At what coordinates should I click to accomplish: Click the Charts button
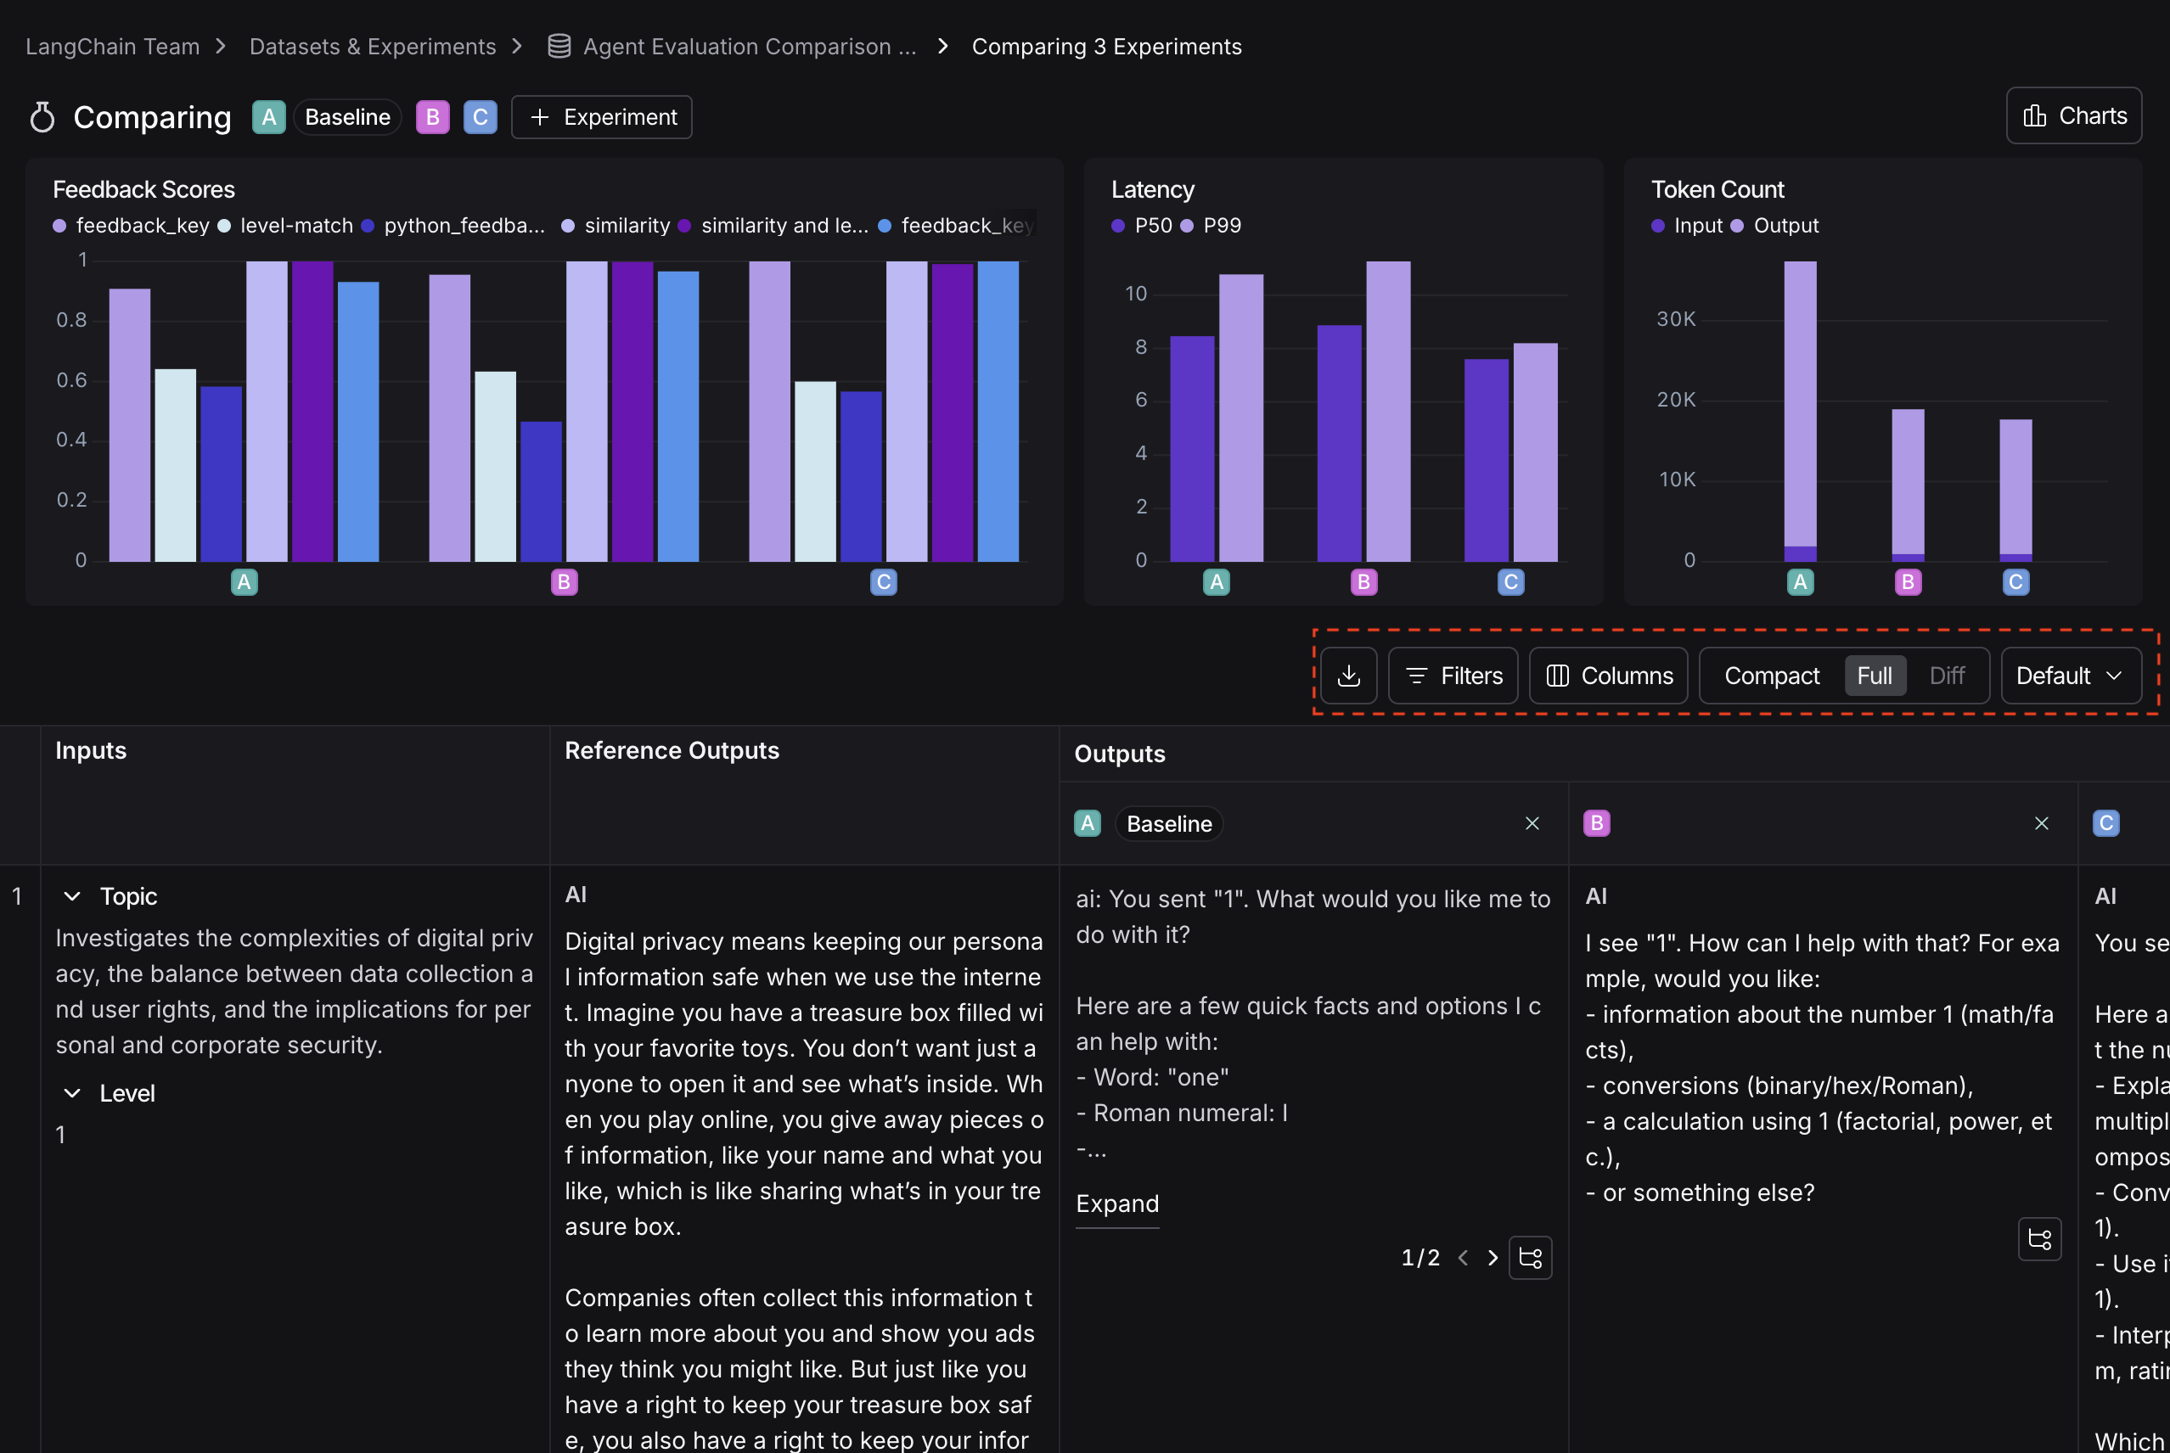(x=2073, y=115)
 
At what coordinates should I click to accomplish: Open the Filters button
(x=1453, y=676)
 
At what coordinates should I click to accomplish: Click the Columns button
(x=1608, y=676)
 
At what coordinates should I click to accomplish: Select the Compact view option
(x=1772, y=676)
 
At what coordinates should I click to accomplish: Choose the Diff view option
(x=1947, y=676)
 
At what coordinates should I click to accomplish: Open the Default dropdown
(x=2070, y=676)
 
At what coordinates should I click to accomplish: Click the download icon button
(x=1349, y=676)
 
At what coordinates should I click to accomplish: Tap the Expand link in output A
(x=1117, y=1203)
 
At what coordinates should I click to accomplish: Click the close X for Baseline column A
(x=1532, y=823)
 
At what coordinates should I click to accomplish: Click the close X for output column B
(x=2041, y=823)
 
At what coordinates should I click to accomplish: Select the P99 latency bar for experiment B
(x=1387, y=412)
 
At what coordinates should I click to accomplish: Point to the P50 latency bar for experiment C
(x=1486, y=460)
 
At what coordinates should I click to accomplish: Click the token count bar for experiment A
(x=1800, y=407)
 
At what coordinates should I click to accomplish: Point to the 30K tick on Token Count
(x=1676, y=320)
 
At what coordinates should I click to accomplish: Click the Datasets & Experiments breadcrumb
(x=373, y=47)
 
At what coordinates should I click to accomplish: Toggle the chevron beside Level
(x=71, y=1093)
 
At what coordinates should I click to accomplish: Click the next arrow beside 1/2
(x=1493, y=1258)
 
